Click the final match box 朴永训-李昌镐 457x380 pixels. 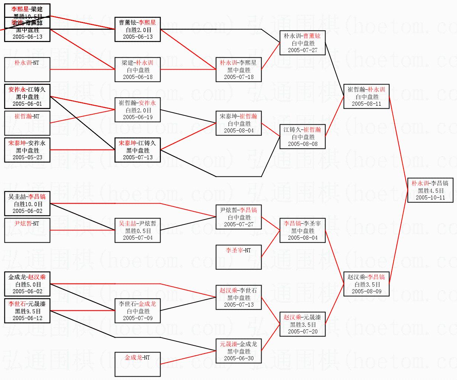[430, 190]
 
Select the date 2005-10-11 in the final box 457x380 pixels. [430, 198]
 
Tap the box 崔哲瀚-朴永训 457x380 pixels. [366, 96]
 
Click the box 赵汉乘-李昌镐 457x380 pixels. [366, 284]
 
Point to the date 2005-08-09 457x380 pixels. [366, 291]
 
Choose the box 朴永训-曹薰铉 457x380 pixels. [302, 43]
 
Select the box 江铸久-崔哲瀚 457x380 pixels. [302, 137]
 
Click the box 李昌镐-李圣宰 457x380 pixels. [302, 230]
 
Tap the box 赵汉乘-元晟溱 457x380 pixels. [302, 324]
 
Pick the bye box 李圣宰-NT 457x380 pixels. [239, 257]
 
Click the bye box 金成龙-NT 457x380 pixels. [137, 364]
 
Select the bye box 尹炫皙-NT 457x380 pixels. [27, 230]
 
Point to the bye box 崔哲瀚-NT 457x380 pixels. [27, 123]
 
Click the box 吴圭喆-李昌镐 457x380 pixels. [27, 204]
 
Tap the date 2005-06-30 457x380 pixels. [239, 358]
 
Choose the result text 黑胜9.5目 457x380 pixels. [27, 311]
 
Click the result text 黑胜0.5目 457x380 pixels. [137, 231]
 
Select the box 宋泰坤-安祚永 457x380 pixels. [27, 150]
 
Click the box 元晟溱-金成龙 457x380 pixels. [239, 351]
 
